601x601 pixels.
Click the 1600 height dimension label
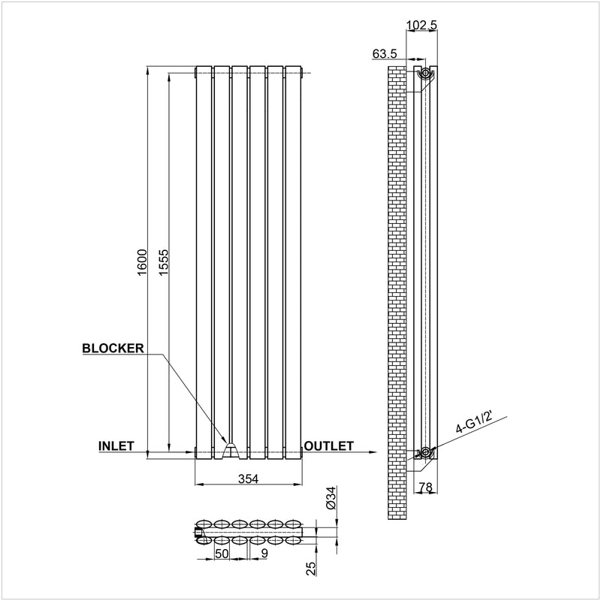[142, 262]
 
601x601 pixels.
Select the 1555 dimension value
[164, 262]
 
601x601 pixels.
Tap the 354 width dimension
[249, 479]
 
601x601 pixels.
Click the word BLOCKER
[113, 348]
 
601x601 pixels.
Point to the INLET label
[116, 446]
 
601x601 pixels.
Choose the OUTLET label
[328, 446]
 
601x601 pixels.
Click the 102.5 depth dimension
[421, 25]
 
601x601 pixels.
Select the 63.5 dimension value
[385, 53]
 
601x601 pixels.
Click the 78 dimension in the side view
[425, 487]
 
